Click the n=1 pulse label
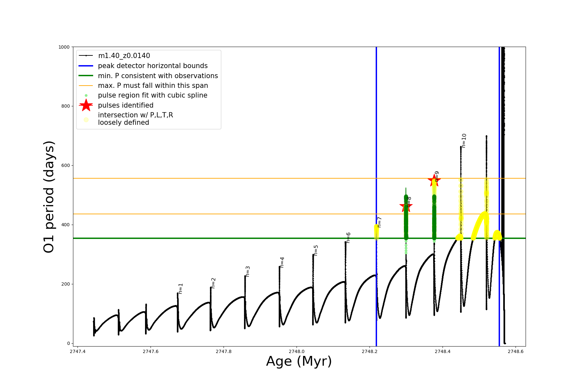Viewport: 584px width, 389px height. pyautogui.click(x=181, y=289)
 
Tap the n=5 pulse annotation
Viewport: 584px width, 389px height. pyautogui.click(x=316, y=250)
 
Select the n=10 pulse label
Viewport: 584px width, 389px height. pyautogui.click(x=464, y=141)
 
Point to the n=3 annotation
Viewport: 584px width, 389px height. pyautogui.click(x=248, y=271)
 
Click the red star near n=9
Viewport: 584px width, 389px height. pyautogui.click(x=434, y=181)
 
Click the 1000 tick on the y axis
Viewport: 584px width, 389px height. pyautogui.click(x=64, y=47)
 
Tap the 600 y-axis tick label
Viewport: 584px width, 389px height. pyautogui.click(x=65, y=165)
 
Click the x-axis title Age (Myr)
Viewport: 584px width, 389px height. pyautogui.click(x=299, y=361)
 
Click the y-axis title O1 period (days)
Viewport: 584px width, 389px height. pyautogui.click(x=49, y=197)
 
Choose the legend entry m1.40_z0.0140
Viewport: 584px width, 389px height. pyautogui.click(x=124, y=56)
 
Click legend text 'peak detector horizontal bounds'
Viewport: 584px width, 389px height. pyautogui.click(x=153, y=66)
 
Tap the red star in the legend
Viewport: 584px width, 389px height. pyautogui.click(x=86, y=105)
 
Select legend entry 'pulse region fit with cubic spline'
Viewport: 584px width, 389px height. pyautogui.click(x=152, y=95)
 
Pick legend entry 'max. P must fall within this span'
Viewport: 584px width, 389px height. pyautogui.click(x=153, y=86)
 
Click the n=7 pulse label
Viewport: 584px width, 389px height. pyautogui.click(x=379, y=222)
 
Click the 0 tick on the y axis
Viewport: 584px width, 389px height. pyautogui.click(x=68, y=343)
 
